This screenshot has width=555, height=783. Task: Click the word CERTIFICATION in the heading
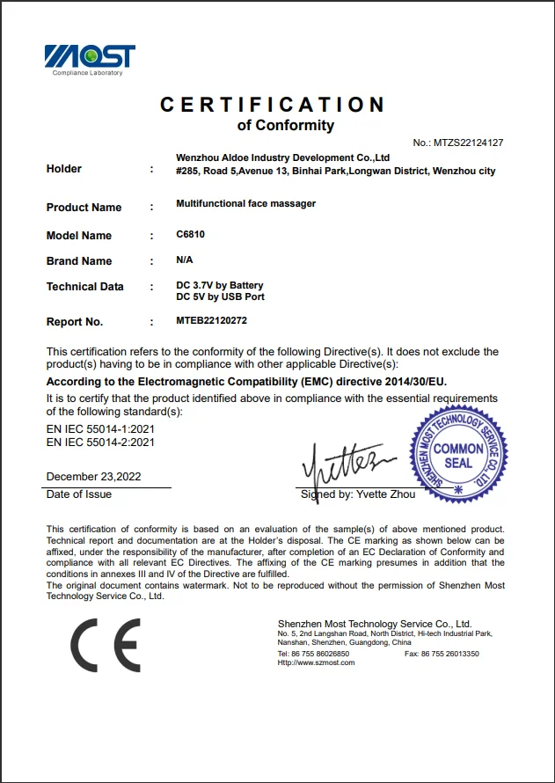pos(273,105)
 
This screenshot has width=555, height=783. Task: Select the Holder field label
pos(63,169)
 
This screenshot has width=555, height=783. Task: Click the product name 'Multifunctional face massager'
pos(245,203)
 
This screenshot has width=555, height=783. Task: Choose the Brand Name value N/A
pos(184,260)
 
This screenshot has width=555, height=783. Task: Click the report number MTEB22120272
pos(211,321)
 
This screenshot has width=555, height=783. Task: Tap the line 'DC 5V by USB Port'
pos(220,296)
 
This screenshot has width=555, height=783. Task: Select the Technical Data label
pos(84,287)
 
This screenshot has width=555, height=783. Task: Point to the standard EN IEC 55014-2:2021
pos(100,443)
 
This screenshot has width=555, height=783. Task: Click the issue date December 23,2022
pos(93,477)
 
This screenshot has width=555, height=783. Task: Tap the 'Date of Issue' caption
pos(79,494)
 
